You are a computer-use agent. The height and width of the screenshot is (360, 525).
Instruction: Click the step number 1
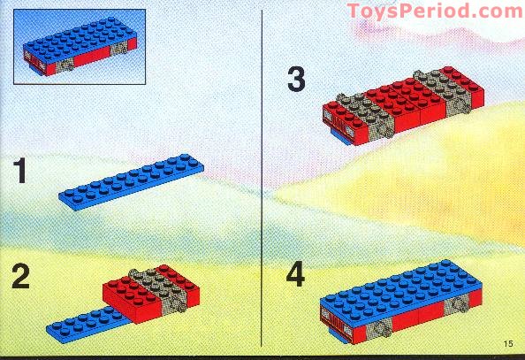tap(19, 172)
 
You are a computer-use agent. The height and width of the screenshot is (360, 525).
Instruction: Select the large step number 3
tap(295, 80)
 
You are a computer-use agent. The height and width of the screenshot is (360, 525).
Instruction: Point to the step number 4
tap(296, 276)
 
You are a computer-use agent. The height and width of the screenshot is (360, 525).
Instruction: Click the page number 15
tap(506, 344)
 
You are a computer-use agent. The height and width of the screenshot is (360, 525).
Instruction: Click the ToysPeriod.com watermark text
tap(434, 11)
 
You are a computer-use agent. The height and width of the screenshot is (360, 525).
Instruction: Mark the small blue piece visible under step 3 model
tap(343, 140)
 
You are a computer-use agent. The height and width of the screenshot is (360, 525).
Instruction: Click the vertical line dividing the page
tap(263, 177)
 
